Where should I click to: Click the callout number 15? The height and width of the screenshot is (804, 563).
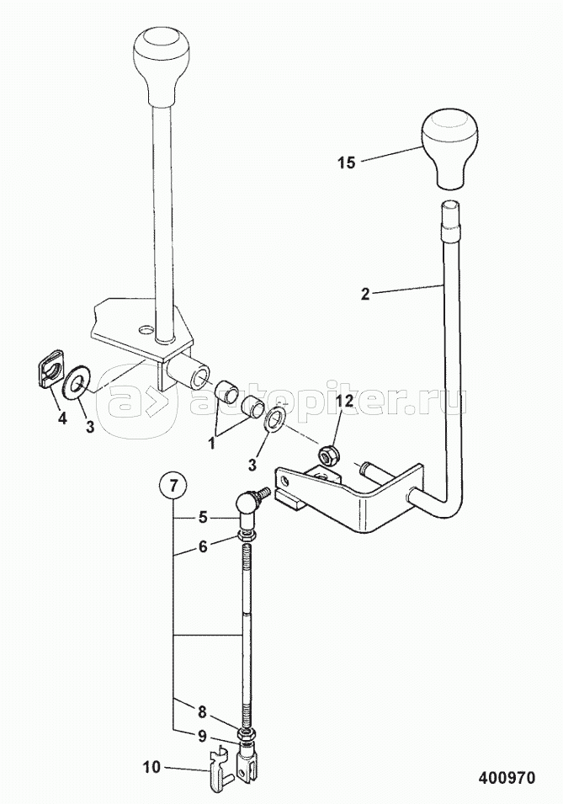(347, 162)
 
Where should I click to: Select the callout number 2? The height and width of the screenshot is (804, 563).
(364, 294)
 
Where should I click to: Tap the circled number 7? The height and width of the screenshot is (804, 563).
(173, 486)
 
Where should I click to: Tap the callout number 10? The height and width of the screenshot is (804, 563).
(151, 767)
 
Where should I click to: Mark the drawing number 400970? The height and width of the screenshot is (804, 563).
(506, 777)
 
